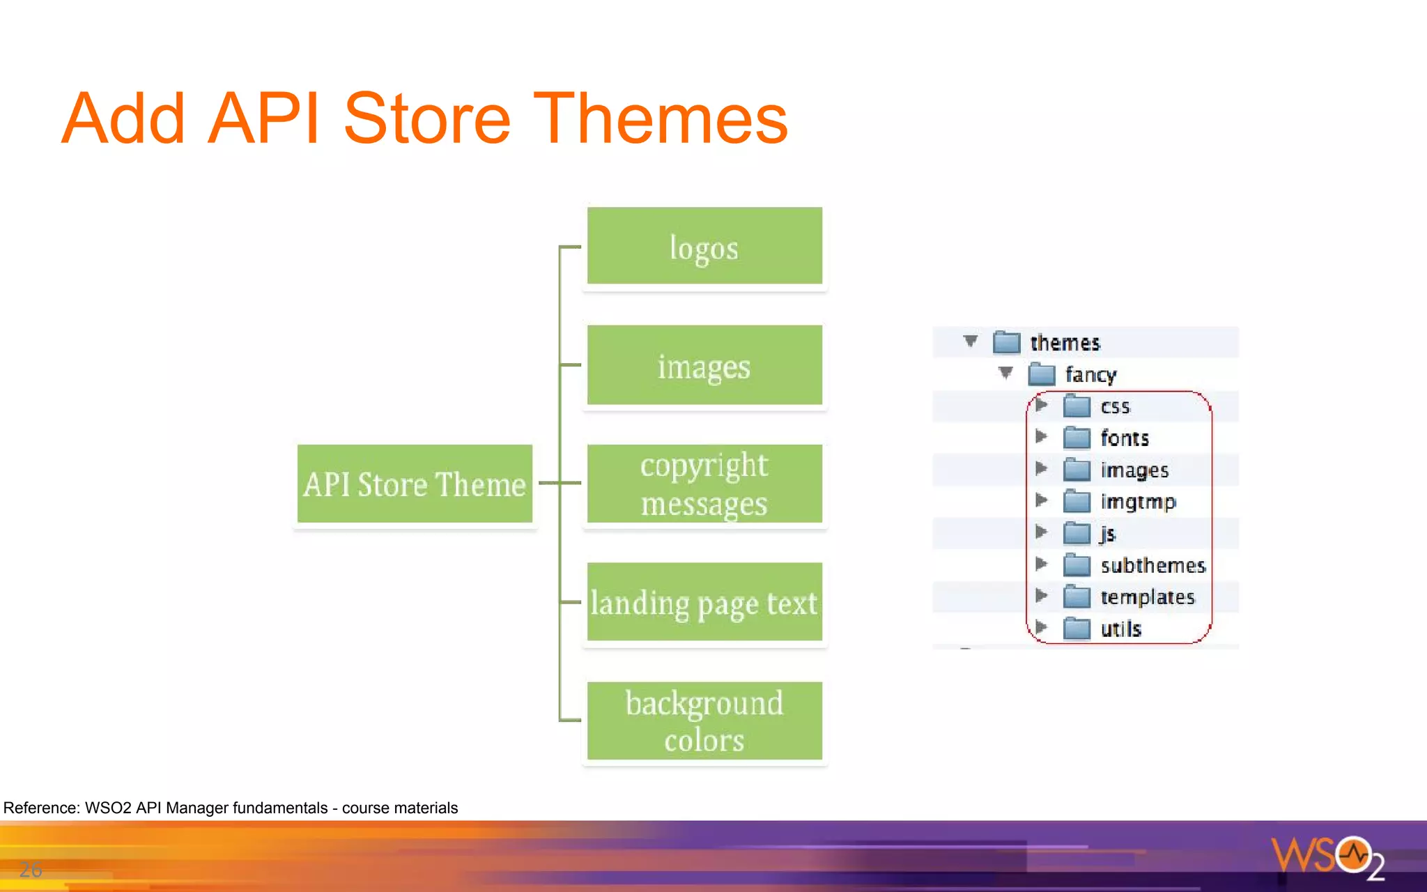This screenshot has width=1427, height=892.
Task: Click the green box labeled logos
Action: pyautogui.click(x=704, y=246)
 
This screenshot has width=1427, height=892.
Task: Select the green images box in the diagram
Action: pyautogui.click(x=704, y=365)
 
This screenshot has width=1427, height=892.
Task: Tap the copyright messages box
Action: pyautogui.click(x=704, y=484)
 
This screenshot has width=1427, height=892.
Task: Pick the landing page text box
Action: pyautogui.click(x=704, y=602)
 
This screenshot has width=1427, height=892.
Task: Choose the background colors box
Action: pyautogui.click(x=704, y=721)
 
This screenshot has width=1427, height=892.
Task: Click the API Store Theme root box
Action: pyautogui.click(x=415, y=484)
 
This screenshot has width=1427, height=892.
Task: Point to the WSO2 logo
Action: pyautogui.click(x=1327, y=857)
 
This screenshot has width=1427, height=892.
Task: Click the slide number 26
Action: pyautogui.click(x=31, y=870)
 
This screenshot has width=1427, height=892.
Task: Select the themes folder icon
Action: pyautogui.click(x=1006, y=342)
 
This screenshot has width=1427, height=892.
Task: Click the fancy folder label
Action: pyautogui.click(x=1090, y=375)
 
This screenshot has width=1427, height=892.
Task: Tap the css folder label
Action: pyautogui.click(x=1115, y=407)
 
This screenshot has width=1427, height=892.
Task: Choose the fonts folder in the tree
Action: pyautogui.click(x=1124, y=438)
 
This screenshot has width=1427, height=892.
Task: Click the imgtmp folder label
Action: pyautogui.click(x=1138, y=502)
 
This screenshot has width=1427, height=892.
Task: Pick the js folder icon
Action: pyautogui.click(x=1077, y=534)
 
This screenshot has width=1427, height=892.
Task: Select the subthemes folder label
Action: pyautogui.click(x=1152, y=565)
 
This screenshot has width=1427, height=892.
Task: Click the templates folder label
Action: pyautogui.click(x=1147, y=597)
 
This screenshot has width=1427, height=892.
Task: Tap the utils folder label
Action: pyautogui.click(x=1120, y=629)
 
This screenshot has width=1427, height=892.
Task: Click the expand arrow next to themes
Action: pyautogui.click(x=971, y=341)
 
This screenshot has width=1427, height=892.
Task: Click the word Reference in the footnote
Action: pyautogui.click(x=41, y=808)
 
